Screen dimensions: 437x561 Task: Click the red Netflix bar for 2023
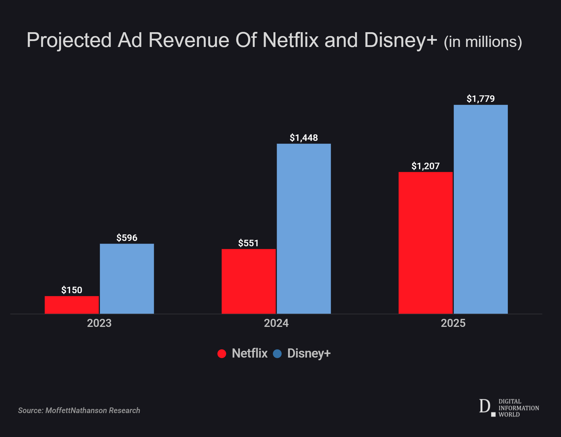click(72, 305)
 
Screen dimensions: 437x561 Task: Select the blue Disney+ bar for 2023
click(127, 278)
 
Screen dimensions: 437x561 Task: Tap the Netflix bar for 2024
click(249, 281)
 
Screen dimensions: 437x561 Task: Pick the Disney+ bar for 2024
click(304, 229)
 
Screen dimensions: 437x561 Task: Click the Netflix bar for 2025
click(425, 243)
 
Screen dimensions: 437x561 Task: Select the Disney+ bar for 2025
click(481, 209)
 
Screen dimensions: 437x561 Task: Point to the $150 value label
click(72, 290)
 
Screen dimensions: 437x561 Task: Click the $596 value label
click(127, 238)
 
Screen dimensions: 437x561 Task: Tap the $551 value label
click(249, 243)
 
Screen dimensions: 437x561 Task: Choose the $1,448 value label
click(304, 138)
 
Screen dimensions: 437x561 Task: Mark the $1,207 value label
click(425, 166)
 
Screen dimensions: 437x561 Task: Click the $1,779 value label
click(481, 99)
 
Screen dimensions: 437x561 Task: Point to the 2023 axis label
click(99, 323)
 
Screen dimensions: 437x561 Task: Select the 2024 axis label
click(276, 323)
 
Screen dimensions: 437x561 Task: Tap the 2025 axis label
click(453, 323)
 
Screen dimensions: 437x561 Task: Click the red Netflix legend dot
click(222, 353)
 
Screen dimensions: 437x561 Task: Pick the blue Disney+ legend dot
click(277, 353)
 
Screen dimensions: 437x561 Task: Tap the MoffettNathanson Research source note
click(79, 410)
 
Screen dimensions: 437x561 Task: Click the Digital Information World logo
click(509, 408)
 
